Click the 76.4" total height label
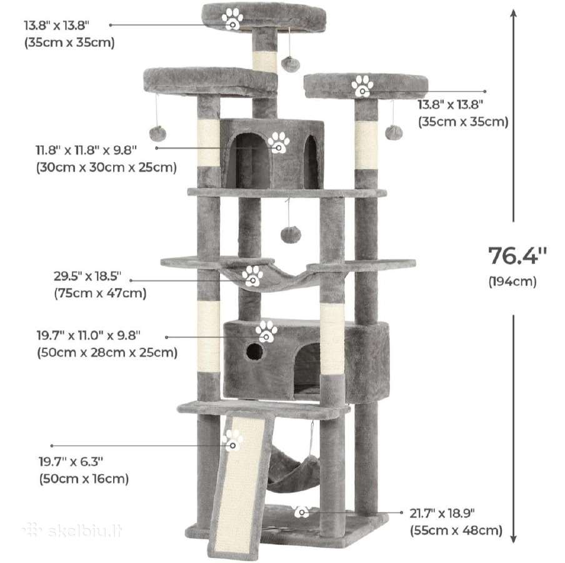point(517,256)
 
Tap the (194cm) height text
point(512,281)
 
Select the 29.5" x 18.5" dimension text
point(87,276)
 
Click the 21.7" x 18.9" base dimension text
point(442,513)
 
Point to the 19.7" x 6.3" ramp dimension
point(71,461)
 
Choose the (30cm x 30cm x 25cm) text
point(106,168)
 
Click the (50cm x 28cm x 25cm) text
point(107,352)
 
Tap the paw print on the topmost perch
point(232,19)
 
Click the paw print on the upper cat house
point(279,143)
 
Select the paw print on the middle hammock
point(252,276)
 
